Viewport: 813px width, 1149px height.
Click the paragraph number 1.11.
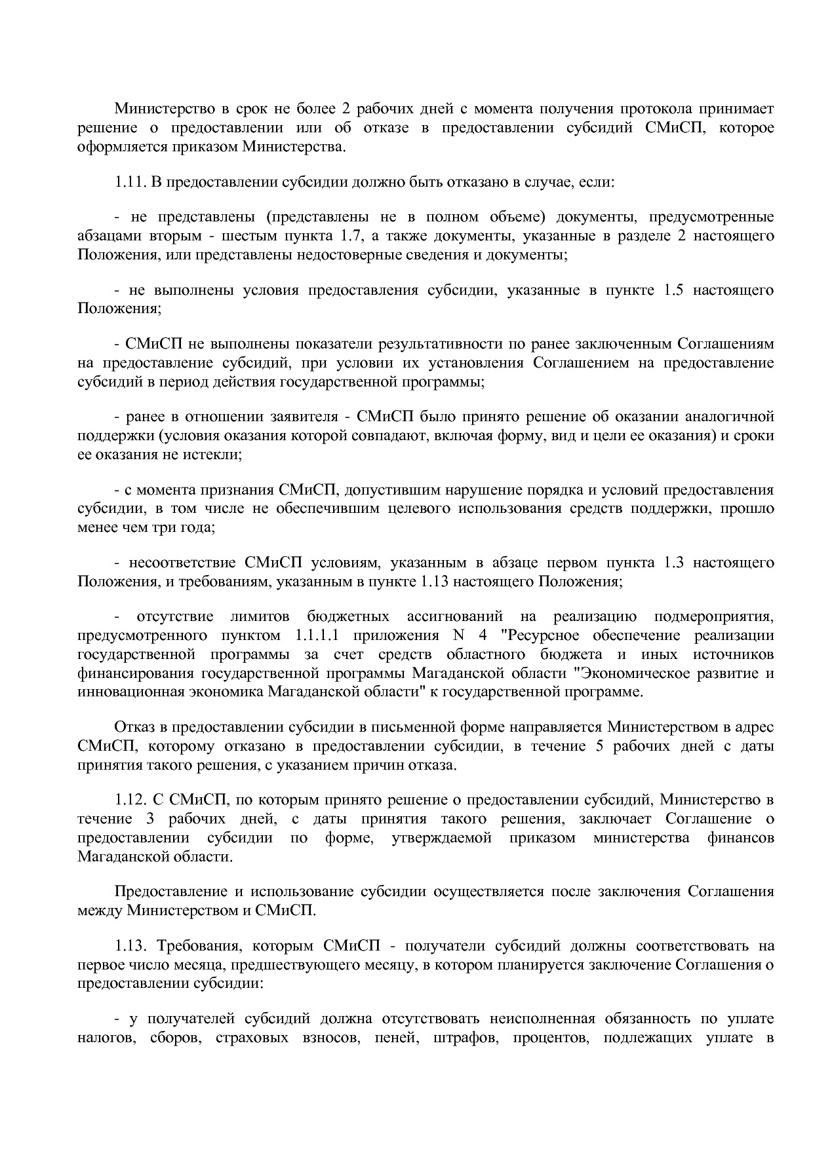tap(129, 181)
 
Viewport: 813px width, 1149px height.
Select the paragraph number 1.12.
tap(129, 800)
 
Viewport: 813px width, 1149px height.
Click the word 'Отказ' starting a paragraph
tap(134, 727)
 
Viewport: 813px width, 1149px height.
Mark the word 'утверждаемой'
tap(441, 838)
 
